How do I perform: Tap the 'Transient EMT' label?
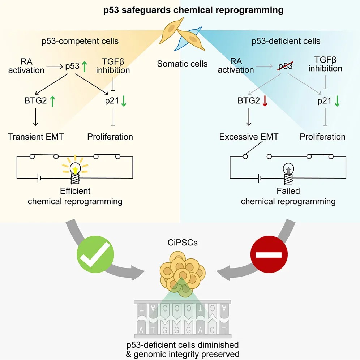click(x=36, y=137)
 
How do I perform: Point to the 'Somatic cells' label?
click(x=182, y=64)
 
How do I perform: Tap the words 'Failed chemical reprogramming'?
click(x=288, y=196)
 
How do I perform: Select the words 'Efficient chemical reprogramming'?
click(x=75, y=196)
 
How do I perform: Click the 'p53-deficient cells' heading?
click(x=286, y=41)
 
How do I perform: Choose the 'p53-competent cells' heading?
click(x=80, y=41)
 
